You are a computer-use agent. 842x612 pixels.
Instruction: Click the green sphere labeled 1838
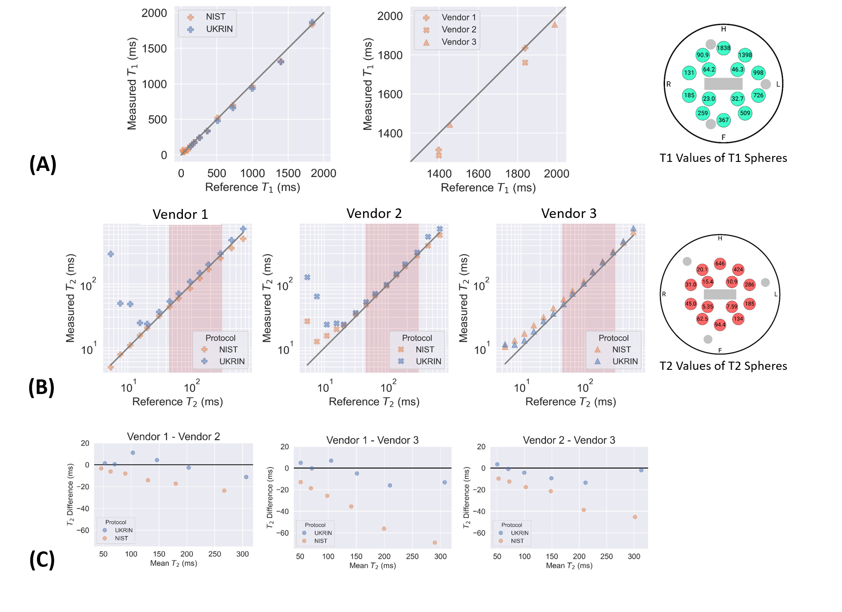point(723,48)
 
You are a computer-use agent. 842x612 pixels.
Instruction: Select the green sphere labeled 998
point(758,73)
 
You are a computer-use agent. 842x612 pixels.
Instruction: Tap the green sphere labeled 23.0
point(709,99)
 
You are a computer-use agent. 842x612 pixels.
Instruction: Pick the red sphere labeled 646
point(720,264)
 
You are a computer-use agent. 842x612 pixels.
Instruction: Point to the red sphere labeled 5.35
point(707,306)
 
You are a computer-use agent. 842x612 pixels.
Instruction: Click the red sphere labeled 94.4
point(720,325)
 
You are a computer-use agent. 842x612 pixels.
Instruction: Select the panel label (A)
point(42,164)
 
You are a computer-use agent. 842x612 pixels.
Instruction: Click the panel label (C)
point(42,560)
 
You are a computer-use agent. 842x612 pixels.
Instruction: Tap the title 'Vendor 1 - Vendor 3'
point(372,440)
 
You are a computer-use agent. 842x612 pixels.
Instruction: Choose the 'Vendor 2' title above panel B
point(374,213)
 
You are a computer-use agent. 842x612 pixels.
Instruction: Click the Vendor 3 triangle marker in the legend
point(426,42)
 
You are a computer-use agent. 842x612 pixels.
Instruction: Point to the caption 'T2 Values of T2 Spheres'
point(723,366)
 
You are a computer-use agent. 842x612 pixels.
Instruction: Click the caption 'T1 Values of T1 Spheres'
point(723,158)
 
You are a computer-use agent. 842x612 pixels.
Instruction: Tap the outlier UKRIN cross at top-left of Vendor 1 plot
point(110,254)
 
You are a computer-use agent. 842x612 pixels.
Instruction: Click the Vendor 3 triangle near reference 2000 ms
point(555,25)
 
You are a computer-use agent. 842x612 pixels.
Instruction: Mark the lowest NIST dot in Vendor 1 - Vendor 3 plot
point(435,543)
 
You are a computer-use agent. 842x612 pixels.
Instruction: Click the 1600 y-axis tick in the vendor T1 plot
point(390,94)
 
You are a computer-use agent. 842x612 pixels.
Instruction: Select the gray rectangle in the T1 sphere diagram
point(723,83)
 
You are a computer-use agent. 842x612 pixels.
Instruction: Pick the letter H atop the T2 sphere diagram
point(720,238)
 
